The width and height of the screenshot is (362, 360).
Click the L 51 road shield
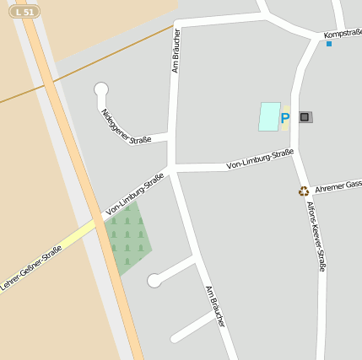click(x=25, y=12)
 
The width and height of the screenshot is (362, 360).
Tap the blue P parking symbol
click(x=285, y=119)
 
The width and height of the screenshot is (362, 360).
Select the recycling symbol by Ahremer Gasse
click(x=304, y=191)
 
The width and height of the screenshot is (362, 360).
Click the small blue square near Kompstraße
click(x=329, y=44)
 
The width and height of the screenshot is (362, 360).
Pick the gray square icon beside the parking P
click(x=305, y=117)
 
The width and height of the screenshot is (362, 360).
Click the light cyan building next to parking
click(x=269, y=116)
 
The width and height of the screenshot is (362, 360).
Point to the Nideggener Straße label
click(x=126, y=126)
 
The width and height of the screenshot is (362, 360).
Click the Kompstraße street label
click(x=343, y=34)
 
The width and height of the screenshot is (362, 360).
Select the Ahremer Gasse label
click(x=338, y=185)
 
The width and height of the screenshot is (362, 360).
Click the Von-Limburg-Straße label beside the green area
click(x=135, y=195)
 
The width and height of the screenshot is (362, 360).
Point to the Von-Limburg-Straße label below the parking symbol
click(x=260, y=159)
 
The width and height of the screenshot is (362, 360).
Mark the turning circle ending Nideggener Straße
click(x=101, y=89)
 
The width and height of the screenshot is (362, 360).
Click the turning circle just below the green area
click(x=154, y=281)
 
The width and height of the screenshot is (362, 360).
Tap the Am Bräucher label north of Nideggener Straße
click(x=176, y=51)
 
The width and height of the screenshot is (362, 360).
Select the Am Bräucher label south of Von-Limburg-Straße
click(x=216, y=305)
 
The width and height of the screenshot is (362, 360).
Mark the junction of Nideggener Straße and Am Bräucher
click(x=170, y=136)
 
